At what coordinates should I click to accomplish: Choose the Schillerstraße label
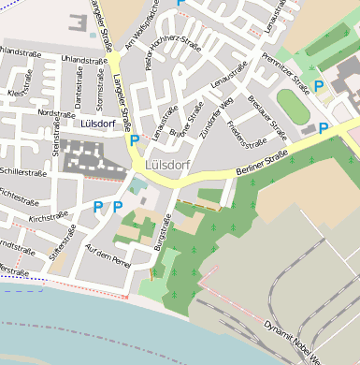22,172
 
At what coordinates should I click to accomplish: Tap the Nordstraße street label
55,112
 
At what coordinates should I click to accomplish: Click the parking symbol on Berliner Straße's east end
324,128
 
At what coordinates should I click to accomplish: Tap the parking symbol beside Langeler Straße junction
134,140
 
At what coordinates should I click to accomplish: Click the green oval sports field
293,108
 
